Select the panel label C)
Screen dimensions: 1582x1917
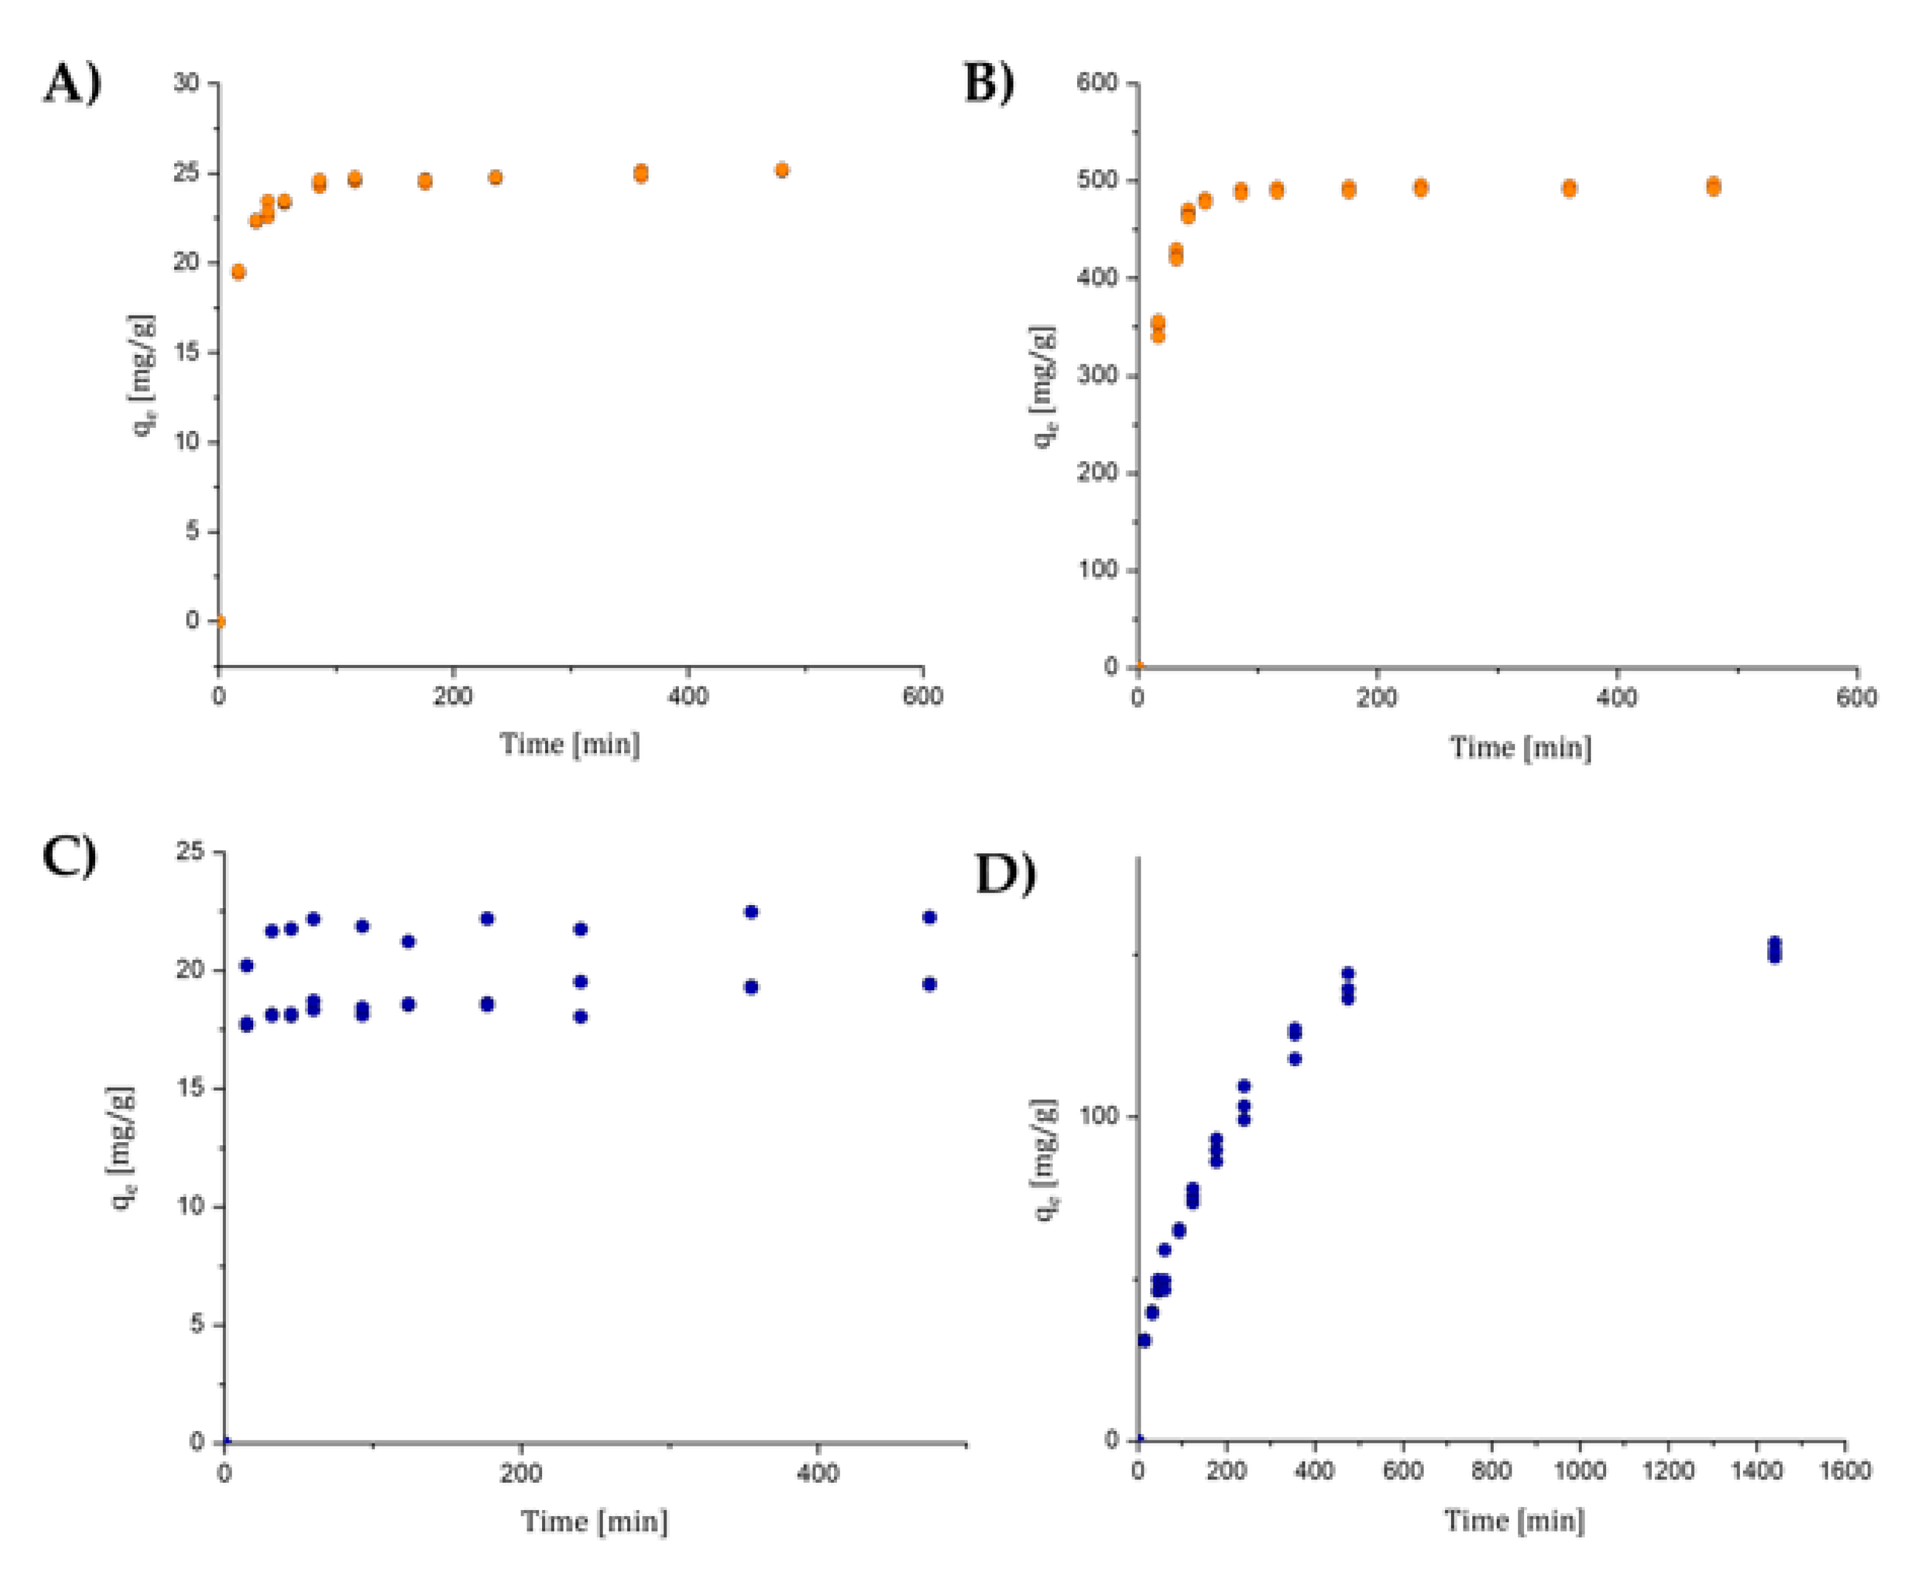pyautogui.click(x=70, y=856)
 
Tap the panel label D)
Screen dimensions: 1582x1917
pyautogui.click(x=1005, y=874)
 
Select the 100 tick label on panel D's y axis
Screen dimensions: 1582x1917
pyautogui.click(x=1097, y=1116)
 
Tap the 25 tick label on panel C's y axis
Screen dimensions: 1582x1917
pyautogui.click(x=190, y=852)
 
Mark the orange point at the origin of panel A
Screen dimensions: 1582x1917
pyautogui.click(x=219, y=622)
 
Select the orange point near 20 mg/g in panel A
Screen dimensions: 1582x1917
pyautogui.click(x=238, y=272)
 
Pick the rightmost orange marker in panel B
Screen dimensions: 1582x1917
pyautogui.click(x=1713, y=186)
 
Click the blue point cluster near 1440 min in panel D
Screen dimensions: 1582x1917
pyautogui.click(x=1774, y=950)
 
